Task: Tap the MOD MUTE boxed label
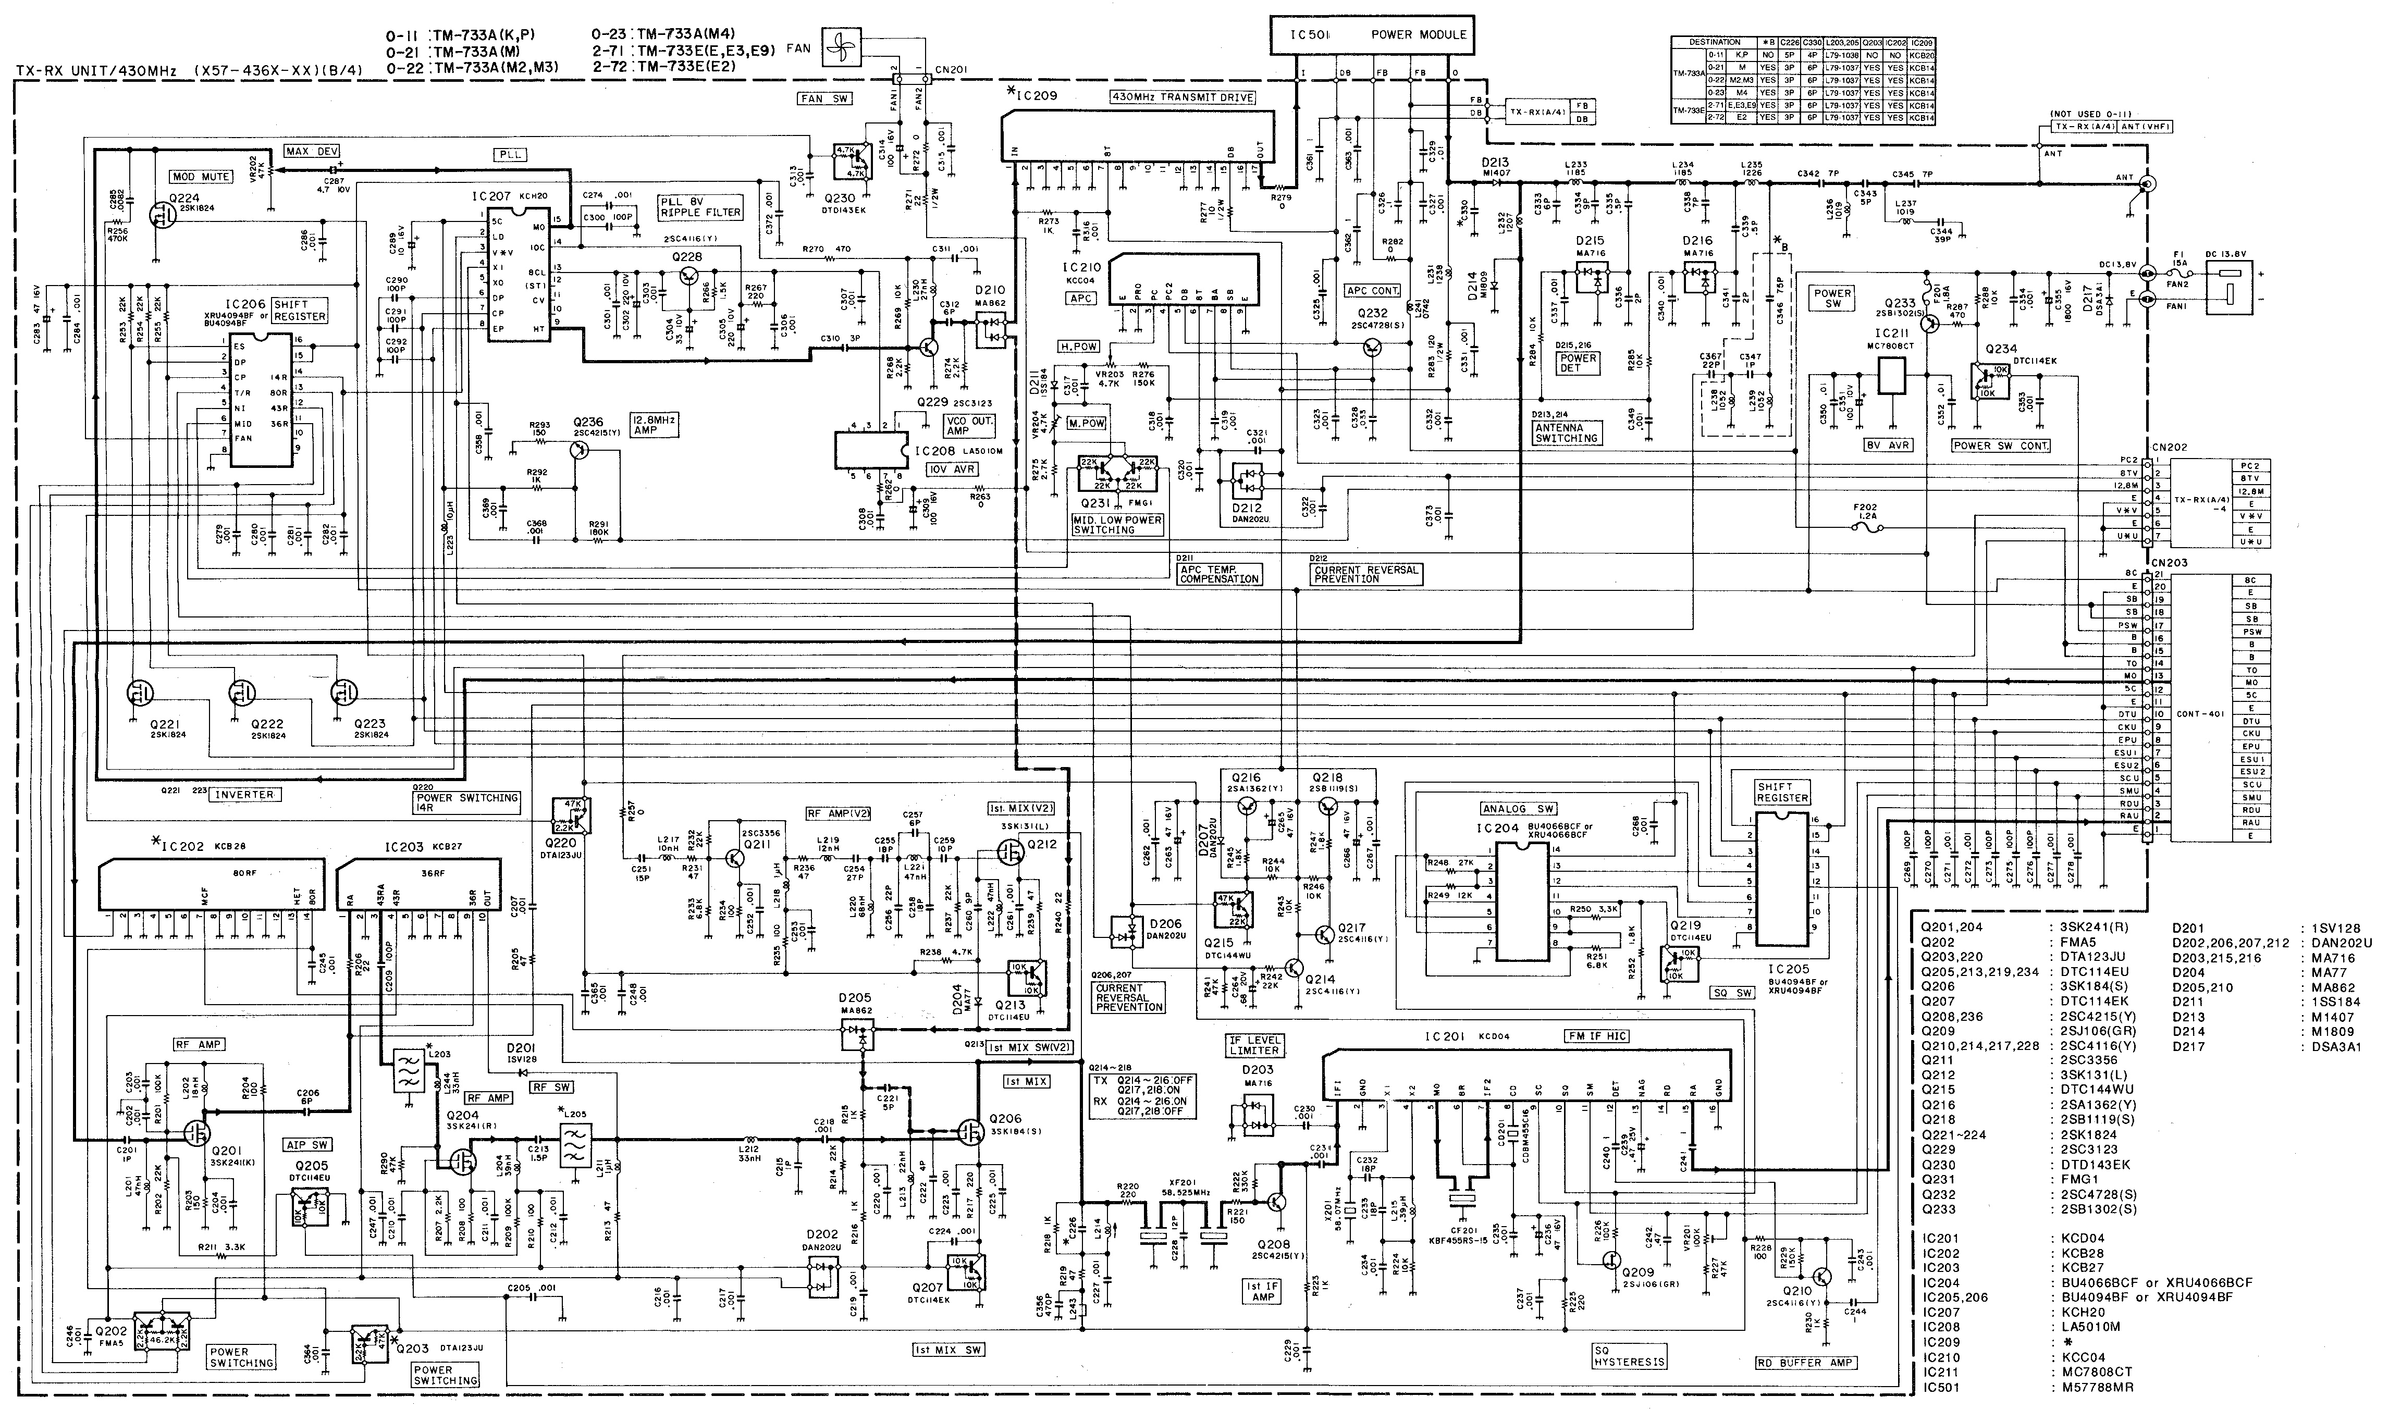coord(201,177)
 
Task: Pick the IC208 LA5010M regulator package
coord(871,451)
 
